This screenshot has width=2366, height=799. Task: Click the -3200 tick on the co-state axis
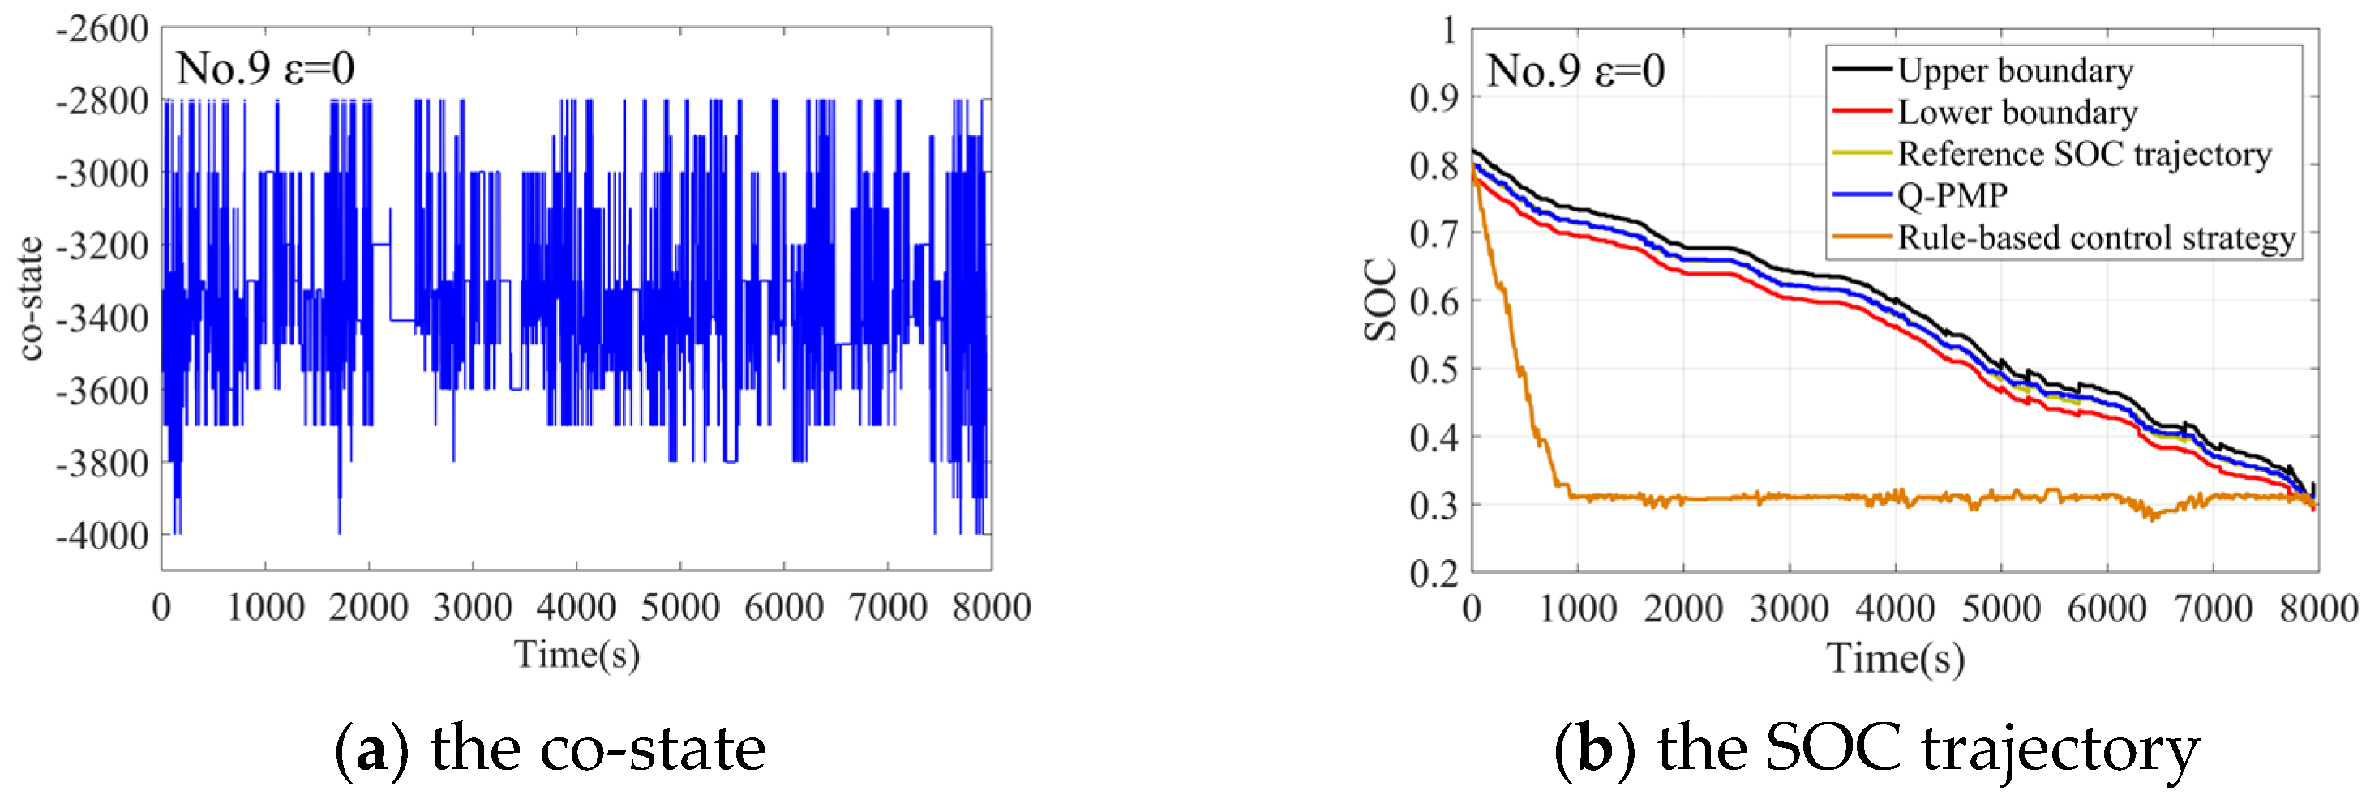103,246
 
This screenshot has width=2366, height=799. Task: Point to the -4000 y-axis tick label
103,536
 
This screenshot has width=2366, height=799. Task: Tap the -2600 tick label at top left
103,29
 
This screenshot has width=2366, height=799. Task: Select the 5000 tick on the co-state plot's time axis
679,607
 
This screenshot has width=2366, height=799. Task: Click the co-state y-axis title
30,298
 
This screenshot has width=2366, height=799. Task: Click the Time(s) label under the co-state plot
576,655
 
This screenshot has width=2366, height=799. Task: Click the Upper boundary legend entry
2015,70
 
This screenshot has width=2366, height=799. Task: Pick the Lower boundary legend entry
2017,112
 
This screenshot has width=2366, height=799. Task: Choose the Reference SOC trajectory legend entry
2084,154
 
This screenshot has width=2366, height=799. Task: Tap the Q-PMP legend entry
1952,195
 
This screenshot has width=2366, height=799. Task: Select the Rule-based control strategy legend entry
2096,238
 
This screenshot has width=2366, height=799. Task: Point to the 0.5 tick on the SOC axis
1434,370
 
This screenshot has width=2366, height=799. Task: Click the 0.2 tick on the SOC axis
1434,573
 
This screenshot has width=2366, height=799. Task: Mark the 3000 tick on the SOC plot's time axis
1790,609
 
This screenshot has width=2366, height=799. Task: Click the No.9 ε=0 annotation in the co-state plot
265,69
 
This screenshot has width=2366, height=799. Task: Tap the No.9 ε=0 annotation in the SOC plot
1575,70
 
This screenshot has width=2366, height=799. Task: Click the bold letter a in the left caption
371,750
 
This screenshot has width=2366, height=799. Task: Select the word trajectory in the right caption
2061,750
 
